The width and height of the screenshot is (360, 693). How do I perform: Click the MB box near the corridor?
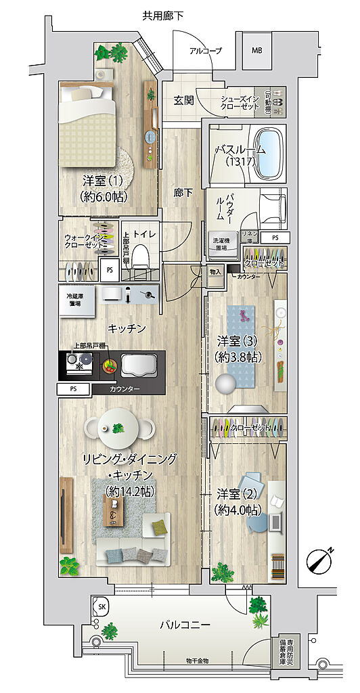click(x=257, y=51)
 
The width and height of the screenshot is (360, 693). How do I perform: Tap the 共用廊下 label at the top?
click(x=163, y=16)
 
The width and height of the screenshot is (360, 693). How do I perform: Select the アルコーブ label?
click(x=205, y=51)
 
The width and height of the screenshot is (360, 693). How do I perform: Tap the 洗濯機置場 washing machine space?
click(x=221, y=244)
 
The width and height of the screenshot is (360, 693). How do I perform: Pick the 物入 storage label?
click(x=215, y=272)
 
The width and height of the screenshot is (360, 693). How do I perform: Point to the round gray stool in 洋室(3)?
click(x=225, y=384)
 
